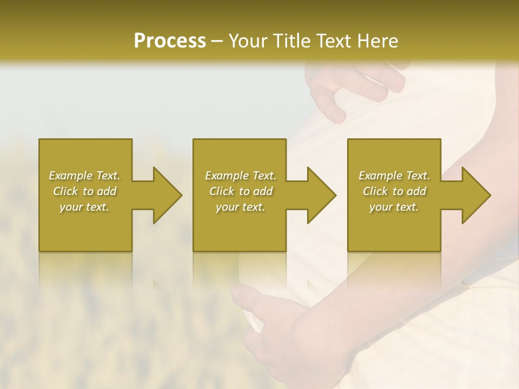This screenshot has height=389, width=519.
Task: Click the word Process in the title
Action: click(x=170, y=41)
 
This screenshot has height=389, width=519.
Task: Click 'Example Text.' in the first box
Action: click(x=84, y=176)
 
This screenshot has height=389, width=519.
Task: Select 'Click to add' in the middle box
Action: click(x=241, y=191)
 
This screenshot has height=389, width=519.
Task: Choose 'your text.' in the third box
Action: click(x=394, y=207)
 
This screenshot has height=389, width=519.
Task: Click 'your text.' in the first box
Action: click(x=84, y=207)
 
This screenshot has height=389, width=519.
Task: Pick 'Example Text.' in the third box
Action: click(x=394, y=176)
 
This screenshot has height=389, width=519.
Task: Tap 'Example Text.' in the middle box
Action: click(x=241, y=176)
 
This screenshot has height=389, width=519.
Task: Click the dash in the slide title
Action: click(x=217, y=42)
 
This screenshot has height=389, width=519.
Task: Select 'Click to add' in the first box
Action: click(x=84, y=191)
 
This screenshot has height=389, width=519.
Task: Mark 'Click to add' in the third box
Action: click(x=394, y=191)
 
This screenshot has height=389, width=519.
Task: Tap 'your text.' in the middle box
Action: click(x=241, y=207)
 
